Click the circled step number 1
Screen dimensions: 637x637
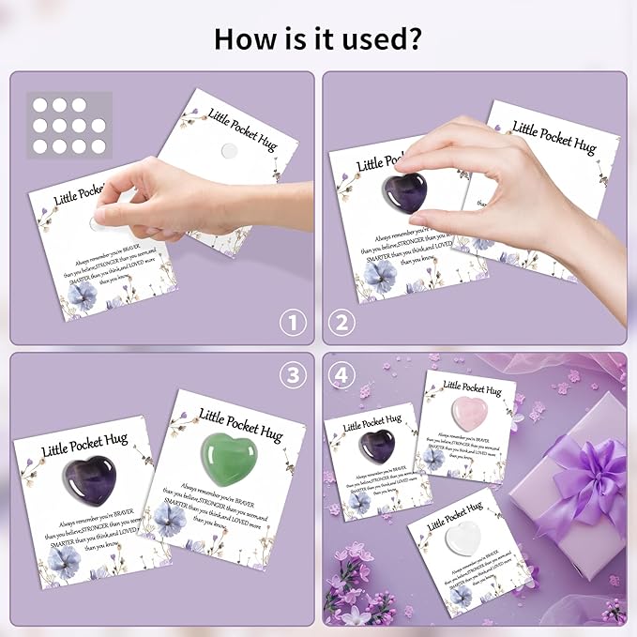pos(295,324)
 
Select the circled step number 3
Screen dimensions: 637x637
pos(295,375)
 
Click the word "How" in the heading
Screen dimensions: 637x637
pos(242,39)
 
